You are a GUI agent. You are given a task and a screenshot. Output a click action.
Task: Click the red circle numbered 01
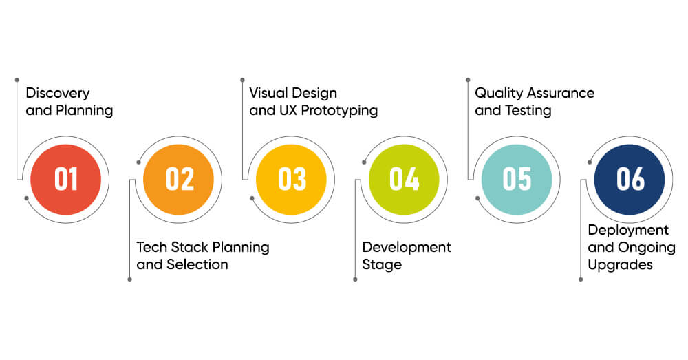coord(66,180)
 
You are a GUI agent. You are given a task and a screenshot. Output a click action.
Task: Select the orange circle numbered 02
coord(179,180)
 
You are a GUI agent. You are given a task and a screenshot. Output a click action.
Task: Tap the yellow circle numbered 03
coord(291,180)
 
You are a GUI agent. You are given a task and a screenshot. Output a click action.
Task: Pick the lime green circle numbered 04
coord(404,180)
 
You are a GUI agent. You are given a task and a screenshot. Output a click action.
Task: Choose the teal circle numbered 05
coord(517,180)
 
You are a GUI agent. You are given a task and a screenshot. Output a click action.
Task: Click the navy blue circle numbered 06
coord(630,180)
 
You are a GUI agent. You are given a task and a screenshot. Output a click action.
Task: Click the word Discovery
coord(58,94)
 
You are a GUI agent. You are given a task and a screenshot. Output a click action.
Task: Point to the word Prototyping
coord(339,111)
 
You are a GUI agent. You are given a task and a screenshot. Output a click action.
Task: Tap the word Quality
coord(499,94)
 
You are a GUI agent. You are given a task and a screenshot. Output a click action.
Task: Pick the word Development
coord(407,248)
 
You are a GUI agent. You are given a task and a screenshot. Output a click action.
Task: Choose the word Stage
coord(382,265)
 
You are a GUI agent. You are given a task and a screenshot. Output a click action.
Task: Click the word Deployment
coord(628,231)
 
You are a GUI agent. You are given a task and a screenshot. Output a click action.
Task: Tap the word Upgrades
coord(620,265)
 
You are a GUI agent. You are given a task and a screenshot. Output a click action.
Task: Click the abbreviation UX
coord(288,111)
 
